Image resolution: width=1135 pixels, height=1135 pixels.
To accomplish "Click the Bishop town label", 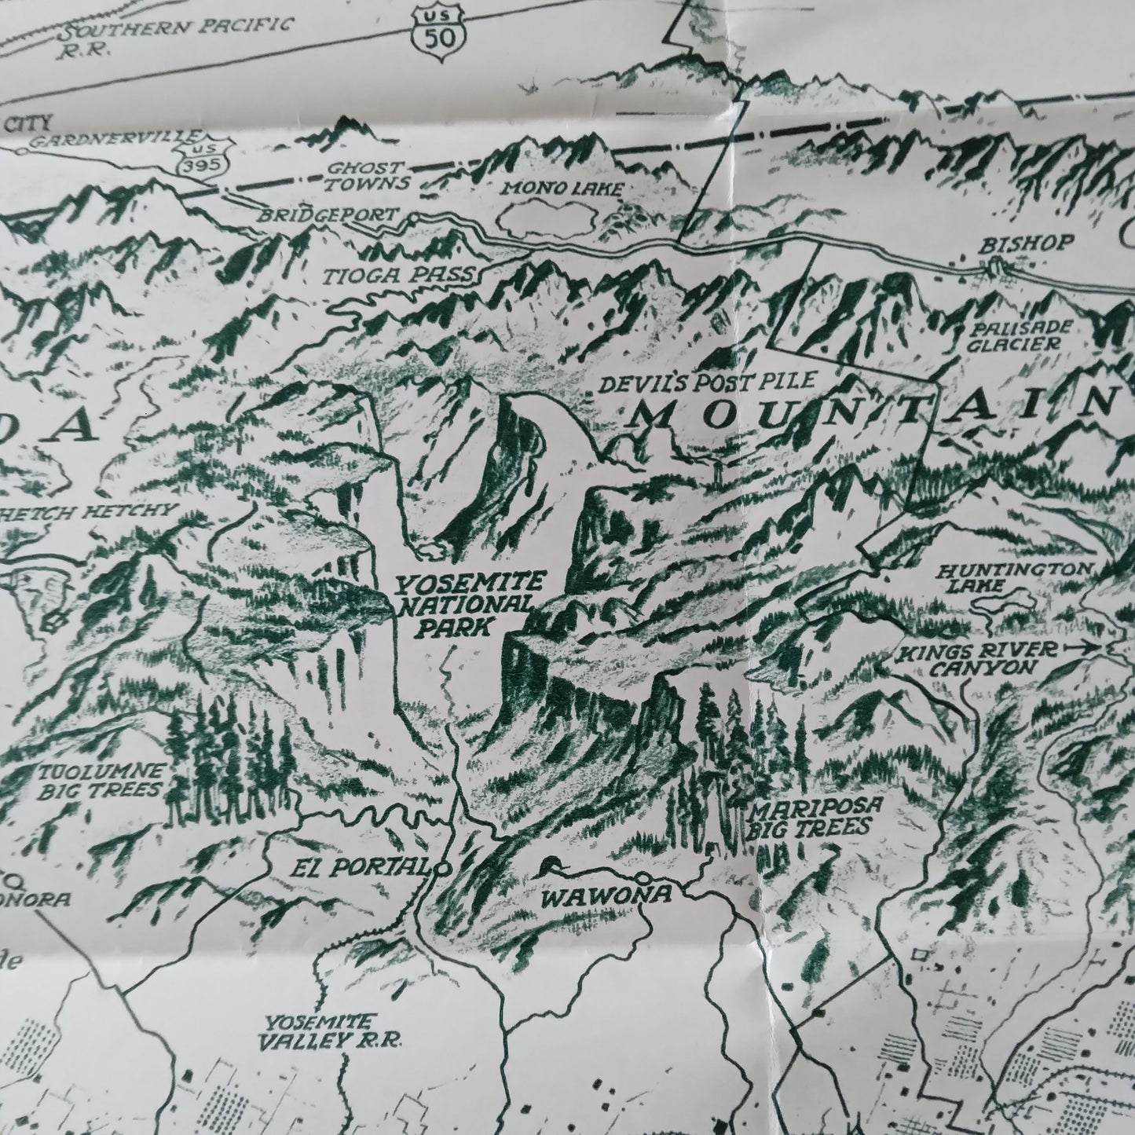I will click(1025, 244).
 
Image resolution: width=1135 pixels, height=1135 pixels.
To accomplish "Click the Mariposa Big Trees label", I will click(811, 817).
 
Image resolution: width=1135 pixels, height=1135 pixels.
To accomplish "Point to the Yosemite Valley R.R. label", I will click(330, 1031).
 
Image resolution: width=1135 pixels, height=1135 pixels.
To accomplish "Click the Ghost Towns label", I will click(376, 176).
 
